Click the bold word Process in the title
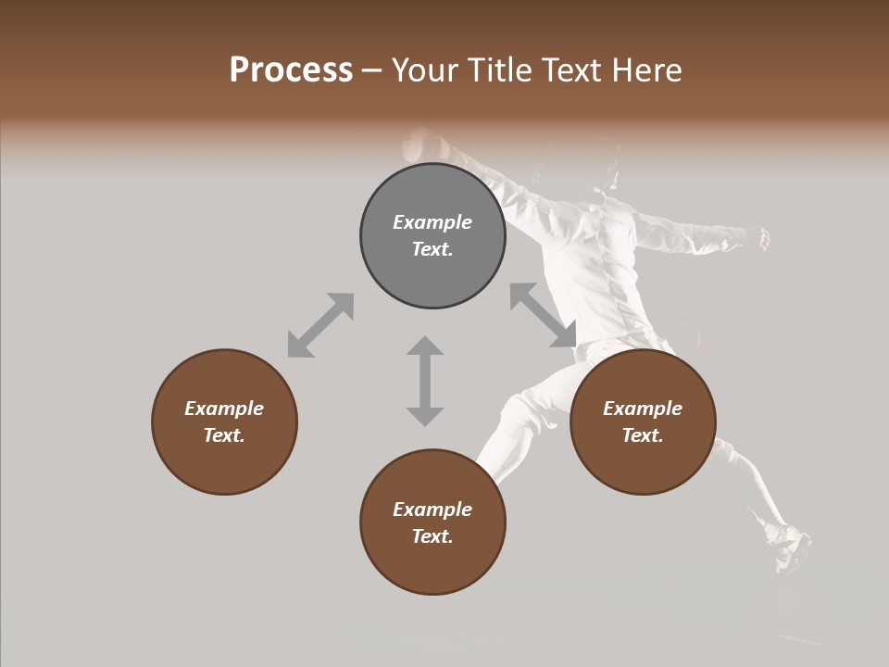coord(291,69)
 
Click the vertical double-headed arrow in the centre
coord(425,381)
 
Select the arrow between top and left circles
coord(320,325)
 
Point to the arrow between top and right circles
coord(544,316)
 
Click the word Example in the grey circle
coord(432,222)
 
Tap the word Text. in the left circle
coord(224,435)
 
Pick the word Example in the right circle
coord(643,409)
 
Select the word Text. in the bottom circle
coord(432,536)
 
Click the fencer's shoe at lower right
coord(790,547)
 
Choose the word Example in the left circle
coord(224,409)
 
